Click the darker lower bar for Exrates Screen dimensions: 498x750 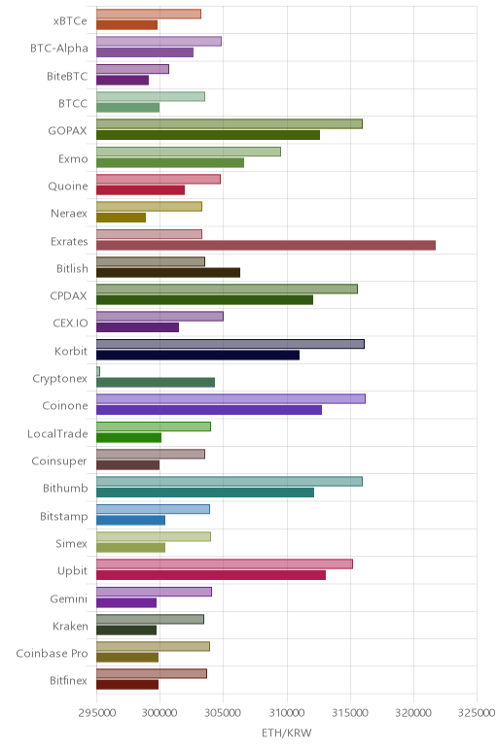pyautogui.click(x=266, y=246)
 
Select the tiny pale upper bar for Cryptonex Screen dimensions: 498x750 pyautogui.click(x=98, y=371)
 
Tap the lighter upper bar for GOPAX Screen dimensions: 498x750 pyautogui.click(x=230, y=124)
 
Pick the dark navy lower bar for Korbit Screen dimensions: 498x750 pyautogui.click(x=197, y=355)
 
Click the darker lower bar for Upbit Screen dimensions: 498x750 pyautogui.click(x=211, y=575)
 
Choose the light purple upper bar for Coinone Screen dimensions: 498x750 pyautogui.click(x=231, y=399)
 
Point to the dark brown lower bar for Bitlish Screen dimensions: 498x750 pyautogui.click(x=168, y=273)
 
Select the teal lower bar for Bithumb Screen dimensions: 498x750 pyautogui.click(x=205, y=493)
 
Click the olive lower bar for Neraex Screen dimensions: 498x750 pyautogui.click(x=122, y=218)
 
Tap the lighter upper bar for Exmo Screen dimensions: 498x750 pyautogui.click(x=189, y=152)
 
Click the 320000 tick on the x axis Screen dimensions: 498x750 pyautogui.click(x=413, y=713)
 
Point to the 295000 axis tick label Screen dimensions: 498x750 pyautogui.click(x=96, y=713)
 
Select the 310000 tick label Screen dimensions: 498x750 pyautogui.click(x=287, y=713)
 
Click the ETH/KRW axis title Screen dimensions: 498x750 pyautogui.click(x=286, y=733)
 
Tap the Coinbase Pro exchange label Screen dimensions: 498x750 pyautogui.click(x=52, y=654)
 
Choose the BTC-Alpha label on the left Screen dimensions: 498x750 pyautogui.click(x=59, y=49)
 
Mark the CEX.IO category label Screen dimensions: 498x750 pyautogui.click(x=70, y=324)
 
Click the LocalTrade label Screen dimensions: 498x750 pyautogui.click(x=57, y=434)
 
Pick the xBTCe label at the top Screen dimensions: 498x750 pyautogui.click(x=70, y=21)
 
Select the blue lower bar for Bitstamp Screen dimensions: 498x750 pyautogui.click(x=130, y=520)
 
